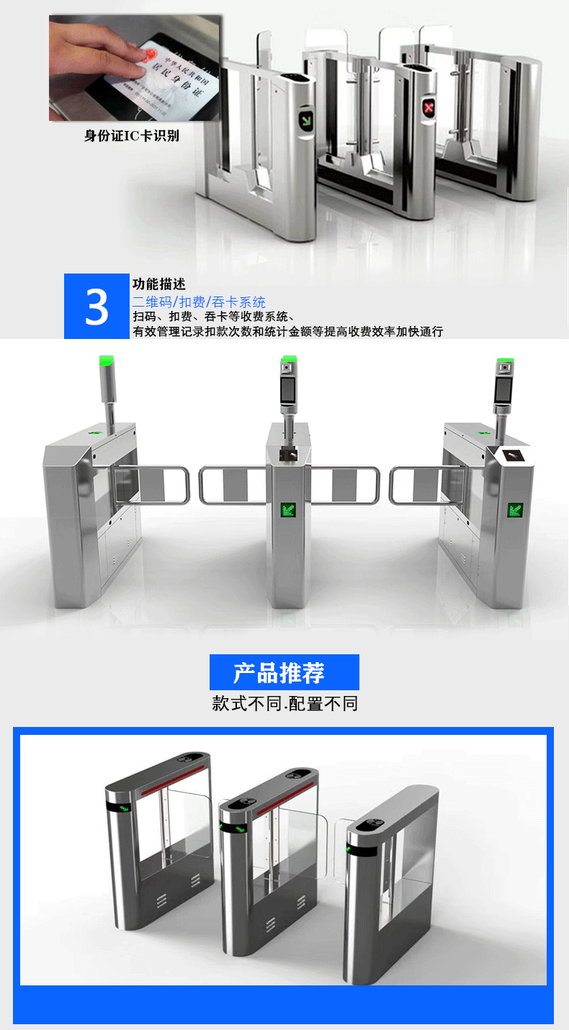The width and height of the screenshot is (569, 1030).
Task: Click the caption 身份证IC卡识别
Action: (131, 135)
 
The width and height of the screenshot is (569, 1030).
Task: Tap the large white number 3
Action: (97, 307)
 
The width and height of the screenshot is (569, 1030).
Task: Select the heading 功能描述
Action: (158, 284)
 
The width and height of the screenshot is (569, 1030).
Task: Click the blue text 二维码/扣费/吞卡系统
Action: (199, 302)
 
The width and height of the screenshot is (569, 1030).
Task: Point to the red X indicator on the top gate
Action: (431, 109)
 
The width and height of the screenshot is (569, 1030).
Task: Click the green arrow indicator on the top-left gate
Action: (307, 119)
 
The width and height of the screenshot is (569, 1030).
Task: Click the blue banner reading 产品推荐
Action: (284, 672)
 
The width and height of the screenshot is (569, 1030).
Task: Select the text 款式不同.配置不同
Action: (284, 703)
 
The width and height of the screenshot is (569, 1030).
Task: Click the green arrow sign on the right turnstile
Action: (516, 510)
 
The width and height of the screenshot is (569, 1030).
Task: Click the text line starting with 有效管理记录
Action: (287, 331)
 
